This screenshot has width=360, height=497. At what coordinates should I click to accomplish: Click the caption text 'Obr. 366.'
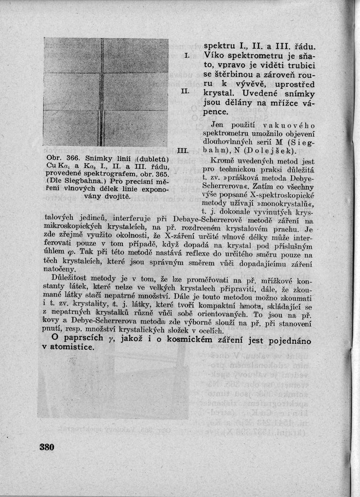[x=60, y=159]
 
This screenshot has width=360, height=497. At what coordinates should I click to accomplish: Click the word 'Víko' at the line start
[x=212, y=55]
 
